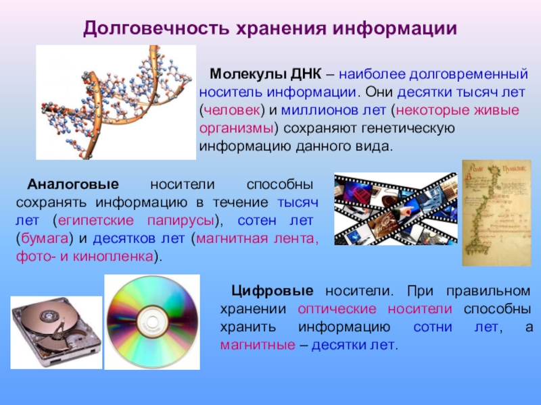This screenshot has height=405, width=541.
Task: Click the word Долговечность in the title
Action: tap(156, 28)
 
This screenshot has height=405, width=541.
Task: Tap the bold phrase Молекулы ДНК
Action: tap(265, 74)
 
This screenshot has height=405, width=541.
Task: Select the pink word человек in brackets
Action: tap(232, 110)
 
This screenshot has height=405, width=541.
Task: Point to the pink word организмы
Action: tap(236, 129)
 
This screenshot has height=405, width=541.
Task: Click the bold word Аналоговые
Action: tap(73, 184)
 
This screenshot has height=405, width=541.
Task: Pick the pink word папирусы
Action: tap(181, 221)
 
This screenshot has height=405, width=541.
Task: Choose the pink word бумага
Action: tap(45, 239)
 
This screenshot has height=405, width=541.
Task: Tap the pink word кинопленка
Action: tap(113, 256)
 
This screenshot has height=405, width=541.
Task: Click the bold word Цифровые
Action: tap(273, 292)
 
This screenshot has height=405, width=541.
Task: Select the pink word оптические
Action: tap(337, 309)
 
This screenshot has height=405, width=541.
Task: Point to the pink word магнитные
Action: tap(258, 345)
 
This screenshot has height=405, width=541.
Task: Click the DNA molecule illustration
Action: tap(116, 103)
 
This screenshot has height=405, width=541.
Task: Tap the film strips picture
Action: tap(396, 209)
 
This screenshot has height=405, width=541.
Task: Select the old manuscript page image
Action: tap(496, 213)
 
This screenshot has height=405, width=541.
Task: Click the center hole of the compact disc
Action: tap(152, 322)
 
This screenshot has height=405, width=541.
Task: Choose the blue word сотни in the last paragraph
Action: tap(433, 327)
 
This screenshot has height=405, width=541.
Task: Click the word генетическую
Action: tap(408, 128)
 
